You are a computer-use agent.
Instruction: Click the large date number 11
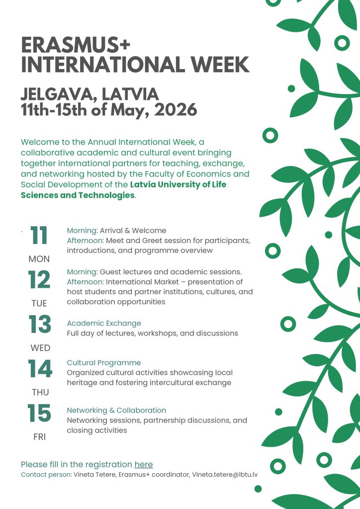coord(39,236)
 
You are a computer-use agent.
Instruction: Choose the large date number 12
coord(39,280)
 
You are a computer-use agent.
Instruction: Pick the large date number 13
coord(40,325)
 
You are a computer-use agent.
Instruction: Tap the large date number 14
coord(40,369)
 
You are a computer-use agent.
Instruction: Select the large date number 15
coord(39,413)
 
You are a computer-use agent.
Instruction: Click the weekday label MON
coord(39,259)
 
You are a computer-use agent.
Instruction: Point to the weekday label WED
coord(40,348)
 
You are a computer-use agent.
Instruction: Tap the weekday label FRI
coord(39,437)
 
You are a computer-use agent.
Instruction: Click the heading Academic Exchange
coord(104,323)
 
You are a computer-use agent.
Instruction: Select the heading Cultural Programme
coord(104,363)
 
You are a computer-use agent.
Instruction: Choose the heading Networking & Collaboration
coord(116,411)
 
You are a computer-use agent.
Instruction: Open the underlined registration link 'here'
coord(144,465)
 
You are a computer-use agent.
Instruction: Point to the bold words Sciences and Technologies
coord(78,195)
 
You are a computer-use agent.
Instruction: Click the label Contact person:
coord(46,475)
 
